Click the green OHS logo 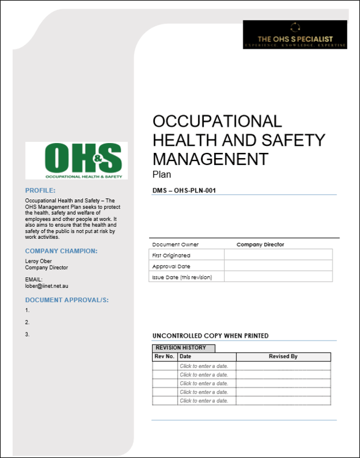click(76, 160)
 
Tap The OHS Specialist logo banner click(295, 34)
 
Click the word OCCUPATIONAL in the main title click(217, 121)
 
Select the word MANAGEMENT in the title click(210, 159)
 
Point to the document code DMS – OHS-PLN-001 click(184, 190)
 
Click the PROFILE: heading click(41, 191)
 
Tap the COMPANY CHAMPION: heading click(62, 251)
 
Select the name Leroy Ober click(38, 261)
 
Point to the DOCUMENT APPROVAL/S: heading click(67, 300)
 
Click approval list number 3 click(27, 334)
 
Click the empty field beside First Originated click(278, 255)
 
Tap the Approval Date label click(171, 266)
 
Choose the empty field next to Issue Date click(278, 277)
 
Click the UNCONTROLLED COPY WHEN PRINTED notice click(210, 336)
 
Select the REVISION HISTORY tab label click(181, 348)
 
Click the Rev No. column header click(164, 356)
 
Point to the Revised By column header click(283, 356)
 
